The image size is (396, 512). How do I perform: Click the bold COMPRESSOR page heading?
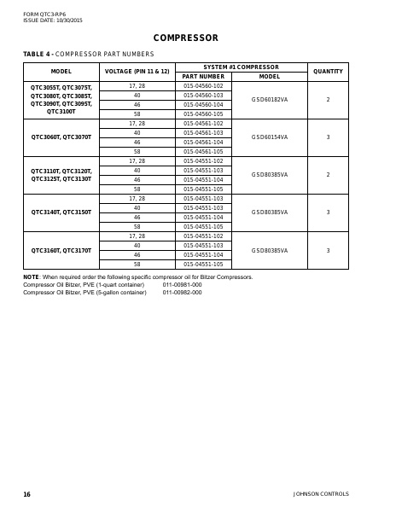185,38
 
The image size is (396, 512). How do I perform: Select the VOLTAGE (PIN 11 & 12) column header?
137,71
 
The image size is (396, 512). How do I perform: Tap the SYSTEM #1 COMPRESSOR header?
241,67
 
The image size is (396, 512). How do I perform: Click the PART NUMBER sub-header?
203,76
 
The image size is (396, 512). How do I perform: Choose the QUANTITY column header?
328,71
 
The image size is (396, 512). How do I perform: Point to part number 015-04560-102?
203,86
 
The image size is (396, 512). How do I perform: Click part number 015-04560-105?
203,113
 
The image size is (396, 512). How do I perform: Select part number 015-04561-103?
203,132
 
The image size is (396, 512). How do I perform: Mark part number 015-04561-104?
203,142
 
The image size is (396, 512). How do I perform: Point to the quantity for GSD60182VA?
328,100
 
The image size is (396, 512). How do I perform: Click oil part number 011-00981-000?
182,285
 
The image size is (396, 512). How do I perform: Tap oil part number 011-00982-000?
182,292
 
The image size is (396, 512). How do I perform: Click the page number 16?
26,494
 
